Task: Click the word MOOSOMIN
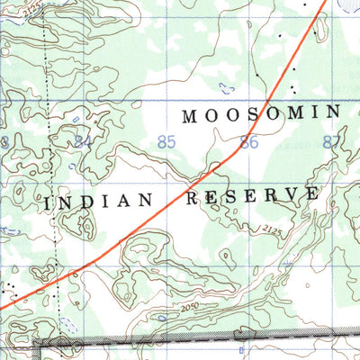coord(261,113)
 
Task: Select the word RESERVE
coord(252,195)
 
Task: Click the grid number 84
coord(84,141)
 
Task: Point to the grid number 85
coord(166,141)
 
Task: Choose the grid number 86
coord(249,141)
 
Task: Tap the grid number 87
coord(332,141)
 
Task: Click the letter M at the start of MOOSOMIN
coord(190,115)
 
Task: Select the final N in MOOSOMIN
coord(334,112)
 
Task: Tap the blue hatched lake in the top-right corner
coord(350,4)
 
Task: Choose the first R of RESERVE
coord(191,197)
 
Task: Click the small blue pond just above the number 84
coord(76,119)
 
